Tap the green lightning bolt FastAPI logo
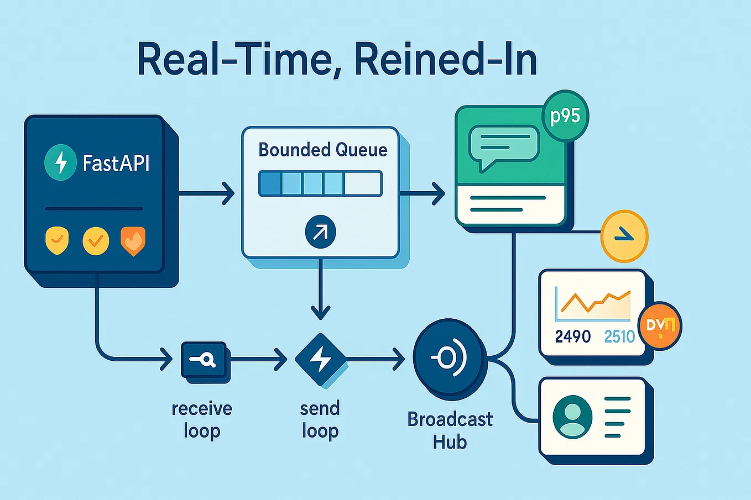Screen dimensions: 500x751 (x=60, y=162)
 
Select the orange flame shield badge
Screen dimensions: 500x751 (x=133, y=241)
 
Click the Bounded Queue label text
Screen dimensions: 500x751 (x=323, y=150)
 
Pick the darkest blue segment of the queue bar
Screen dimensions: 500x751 (x=270, y=183)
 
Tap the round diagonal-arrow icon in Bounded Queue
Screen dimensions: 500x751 (x=320, y=232)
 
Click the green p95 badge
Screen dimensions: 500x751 (x=565, y=116)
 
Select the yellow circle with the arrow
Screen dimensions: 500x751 (x=624, y=236)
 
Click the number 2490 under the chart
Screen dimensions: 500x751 (x=573, y=336)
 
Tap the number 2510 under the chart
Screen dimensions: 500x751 (x=619, y=336)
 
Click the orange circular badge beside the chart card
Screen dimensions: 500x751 (x=660, y=326)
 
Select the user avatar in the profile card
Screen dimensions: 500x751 (x=572, y=417)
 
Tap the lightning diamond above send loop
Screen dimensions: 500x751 (x=320, y=360)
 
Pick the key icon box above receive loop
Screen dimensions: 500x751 (x=204, y=361)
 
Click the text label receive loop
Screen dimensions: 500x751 (x=202, y=419)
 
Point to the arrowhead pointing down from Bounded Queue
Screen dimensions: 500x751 (x=320, y=313)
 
